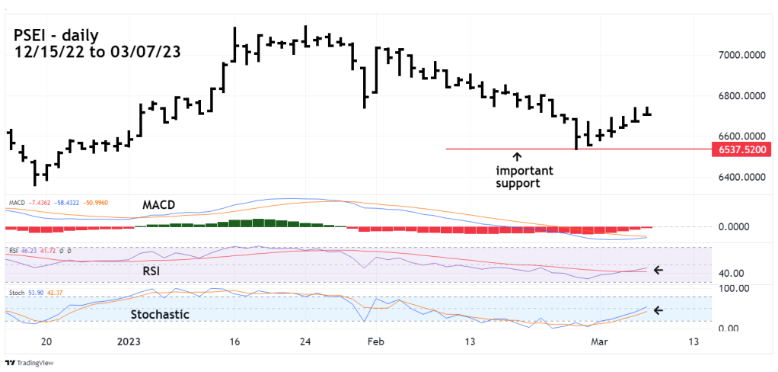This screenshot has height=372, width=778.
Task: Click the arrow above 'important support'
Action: pos(518,157)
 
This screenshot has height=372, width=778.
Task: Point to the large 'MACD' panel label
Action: pos(160,206)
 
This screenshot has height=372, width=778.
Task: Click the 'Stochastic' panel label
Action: pos(160,314)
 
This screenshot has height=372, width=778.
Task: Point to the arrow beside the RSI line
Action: pos(658,270)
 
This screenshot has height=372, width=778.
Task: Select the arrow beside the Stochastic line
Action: pos(658,310)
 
